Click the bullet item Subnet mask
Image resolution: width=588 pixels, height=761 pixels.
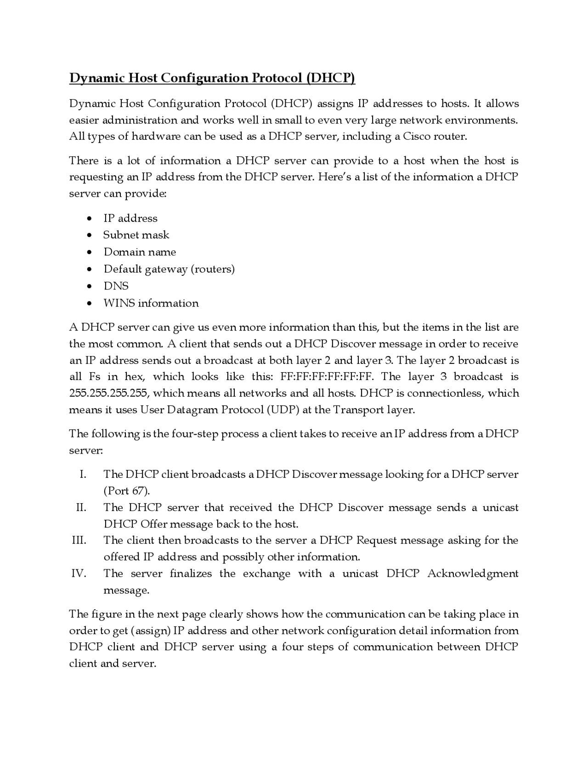(x=136, y=235)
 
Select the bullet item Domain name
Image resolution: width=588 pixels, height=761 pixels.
(x=140, y=252)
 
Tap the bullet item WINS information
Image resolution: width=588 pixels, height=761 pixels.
(x=151, y=303)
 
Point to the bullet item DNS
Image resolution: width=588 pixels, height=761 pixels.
(x=116, y=286)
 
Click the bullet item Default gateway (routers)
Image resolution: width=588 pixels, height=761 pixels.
(x=169, y=269)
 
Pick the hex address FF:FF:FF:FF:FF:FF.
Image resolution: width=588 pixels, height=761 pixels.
(x=327, y=377)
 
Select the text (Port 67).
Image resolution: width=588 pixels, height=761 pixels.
(x=127, y=491)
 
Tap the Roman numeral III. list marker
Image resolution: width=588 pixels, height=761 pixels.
(x=79, y=540)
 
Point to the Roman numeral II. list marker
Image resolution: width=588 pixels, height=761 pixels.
(x=81, y=508)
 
